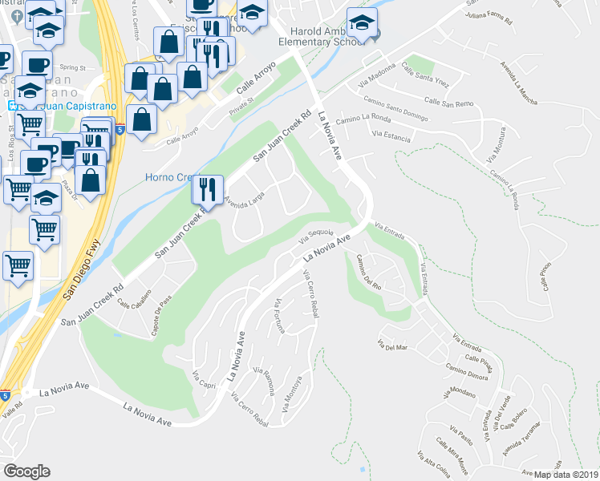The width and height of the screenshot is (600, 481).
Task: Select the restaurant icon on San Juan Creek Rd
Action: tap(206, 189)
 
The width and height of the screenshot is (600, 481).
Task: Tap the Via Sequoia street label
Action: tap(316, 233)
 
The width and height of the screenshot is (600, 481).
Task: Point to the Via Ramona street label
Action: tap(265, 382)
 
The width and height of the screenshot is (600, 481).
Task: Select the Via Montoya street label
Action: tap(290, 398)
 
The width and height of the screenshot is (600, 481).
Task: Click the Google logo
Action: tap(26, 471)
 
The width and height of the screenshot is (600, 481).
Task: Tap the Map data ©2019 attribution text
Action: tap(566, 475)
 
